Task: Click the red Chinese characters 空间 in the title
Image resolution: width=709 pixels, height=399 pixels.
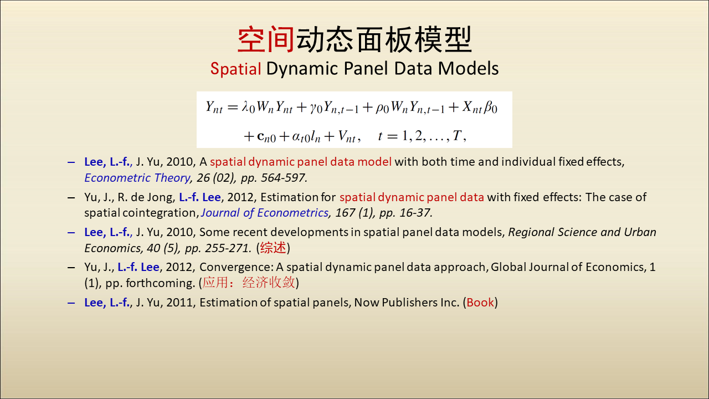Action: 266,39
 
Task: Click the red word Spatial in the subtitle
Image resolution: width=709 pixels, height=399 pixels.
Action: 236,69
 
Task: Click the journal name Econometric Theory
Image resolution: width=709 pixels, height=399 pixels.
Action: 137,178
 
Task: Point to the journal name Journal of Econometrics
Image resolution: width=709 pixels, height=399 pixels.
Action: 265,213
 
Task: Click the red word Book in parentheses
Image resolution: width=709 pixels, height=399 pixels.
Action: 480,303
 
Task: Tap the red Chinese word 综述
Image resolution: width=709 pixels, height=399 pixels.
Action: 273,248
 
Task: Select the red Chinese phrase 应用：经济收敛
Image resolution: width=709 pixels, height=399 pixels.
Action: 249,283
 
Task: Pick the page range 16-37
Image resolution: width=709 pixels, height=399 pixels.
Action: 415,213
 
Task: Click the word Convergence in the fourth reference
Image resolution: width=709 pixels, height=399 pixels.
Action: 235,268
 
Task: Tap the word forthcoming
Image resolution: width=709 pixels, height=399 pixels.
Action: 159,283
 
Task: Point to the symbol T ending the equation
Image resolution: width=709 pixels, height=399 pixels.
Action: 457,136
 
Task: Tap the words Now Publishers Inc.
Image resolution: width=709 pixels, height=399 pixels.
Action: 407,303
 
